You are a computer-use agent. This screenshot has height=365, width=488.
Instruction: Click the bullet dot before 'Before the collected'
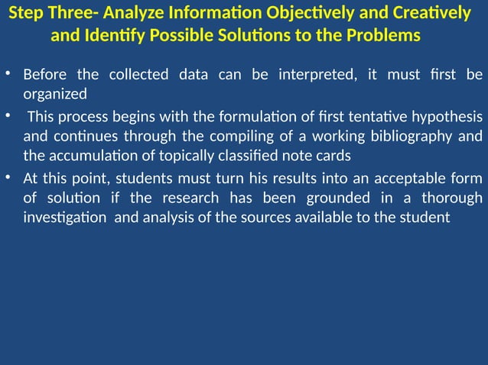point(8,75)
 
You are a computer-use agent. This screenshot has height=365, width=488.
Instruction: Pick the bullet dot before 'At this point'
point(8,179)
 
